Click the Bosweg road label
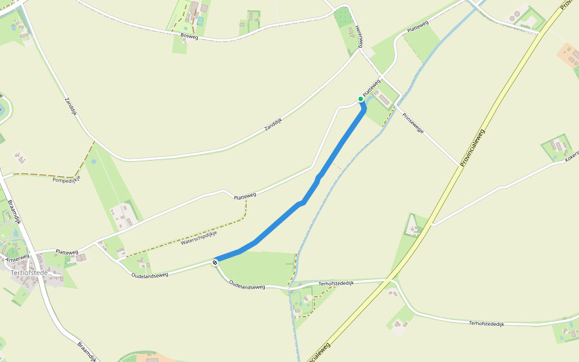coord(189,36)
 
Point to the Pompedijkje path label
coord(67,180)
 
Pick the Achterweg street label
coord(17,258)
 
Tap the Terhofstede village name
coord(28,273)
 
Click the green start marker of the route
coord(361,99)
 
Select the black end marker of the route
coord(215,262)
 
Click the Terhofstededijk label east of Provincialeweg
coord(486,324)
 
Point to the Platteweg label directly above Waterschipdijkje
coord(245,195)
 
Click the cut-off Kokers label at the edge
coord(572,156)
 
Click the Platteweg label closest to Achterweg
coord(66,252)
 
